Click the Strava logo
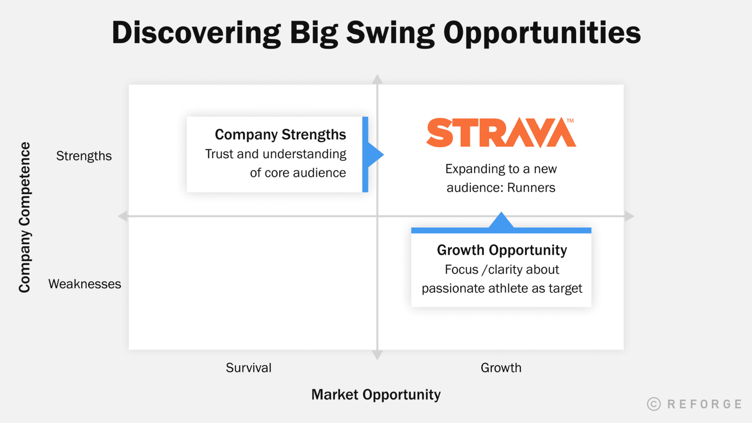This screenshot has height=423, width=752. click(501, 133)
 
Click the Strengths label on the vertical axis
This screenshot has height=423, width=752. click(84, 156)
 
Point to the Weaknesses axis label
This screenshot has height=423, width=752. click(85, 284)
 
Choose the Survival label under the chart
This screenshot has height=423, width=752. click(249, 368)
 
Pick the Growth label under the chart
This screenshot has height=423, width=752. click(501, 368)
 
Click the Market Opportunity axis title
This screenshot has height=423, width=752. click(376, 394)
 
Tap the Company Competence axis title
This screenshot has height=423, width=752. click(25, 217)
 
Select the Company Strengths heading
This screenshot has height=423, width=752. click(280, 134)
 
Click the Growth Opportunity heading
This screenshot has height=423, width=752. click(502, 250)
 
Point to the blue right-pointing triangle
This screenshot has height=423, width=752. click(375, 155)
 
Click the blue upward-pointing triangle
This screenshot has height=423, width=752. click(501, 222)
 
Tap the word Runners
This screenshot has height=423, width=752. click(531, 188)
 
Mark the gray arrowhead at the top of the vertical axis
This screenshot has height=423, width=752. click(378, 79)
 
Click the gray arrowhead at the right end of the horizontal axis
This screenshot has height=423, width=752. click(629, 216)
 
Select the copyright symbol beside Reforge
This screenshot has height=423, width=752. click(654, 404)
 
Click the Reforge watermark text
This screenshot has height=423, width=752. click(704, 404)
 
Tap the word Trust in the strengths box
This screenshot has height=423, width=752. click(219, 154)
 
